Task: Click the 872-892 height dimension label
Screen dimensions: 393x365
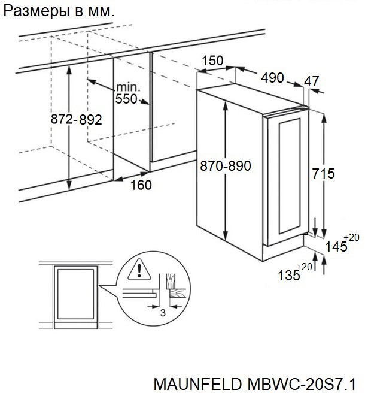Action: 76,120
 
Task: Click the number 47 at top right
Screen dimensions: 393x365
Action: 312,81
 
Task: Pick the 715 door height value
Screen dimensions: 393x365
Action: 324,174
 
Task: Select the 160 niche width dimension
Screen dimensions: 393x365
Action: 141,185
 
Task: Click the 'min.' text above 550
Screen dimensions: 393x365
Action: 128,87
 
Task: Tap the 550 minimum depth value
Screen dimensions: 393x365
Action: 127,99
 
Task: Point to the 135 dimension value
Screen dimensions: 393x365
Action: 290,275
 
